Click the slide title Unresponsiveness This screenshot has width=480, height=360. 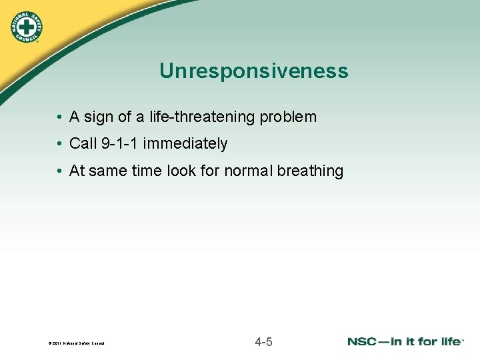click(253, 71)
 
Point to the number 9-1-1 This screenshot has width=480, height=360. click(119, 144)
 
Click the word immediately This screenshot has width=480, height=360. click(185, 144)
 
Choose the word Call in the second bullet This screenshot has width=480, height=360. click(83, 144)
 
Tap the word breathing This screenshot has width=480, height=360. click(310, 171)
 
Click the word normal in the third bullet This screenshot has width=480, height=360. click(248, 171)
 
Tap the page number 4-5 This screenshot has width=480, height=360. click(263, 343)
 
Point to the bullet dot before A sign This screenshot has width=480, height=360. click(60, 118)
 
